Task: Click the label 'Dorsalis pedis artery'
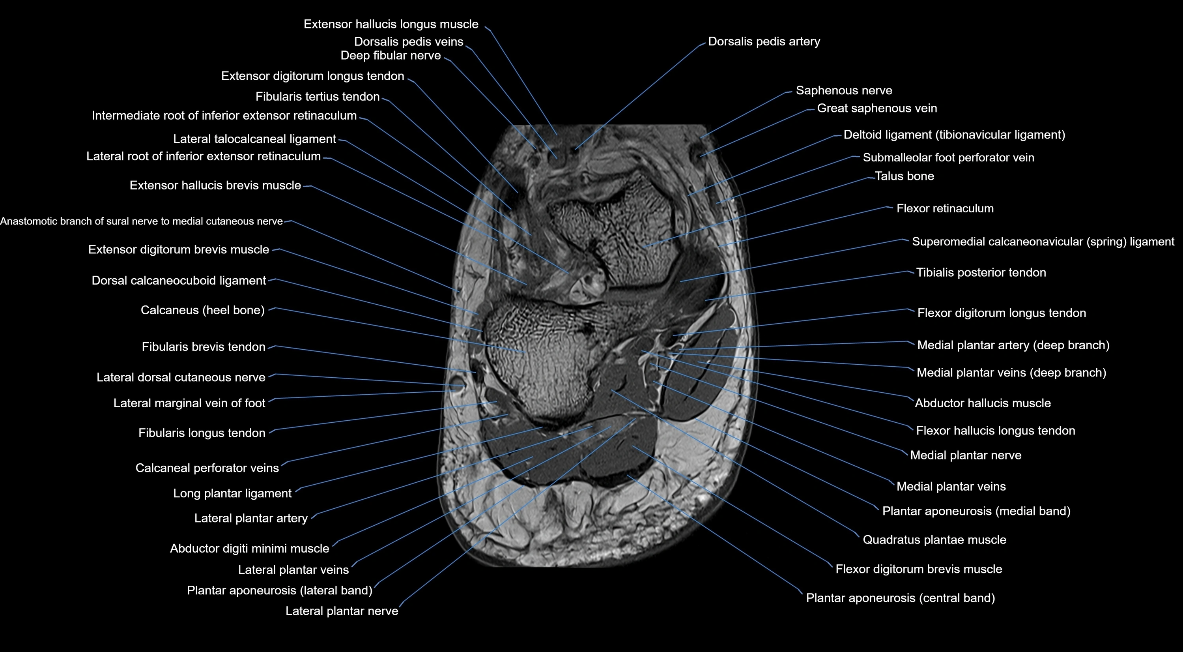click(x=764, y=41)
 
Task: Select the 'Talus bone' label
click(x=904, y=176)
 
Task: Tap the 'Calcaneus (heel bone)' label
click(x=202, y=310)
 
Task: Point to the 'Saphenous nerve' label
click(x=844, y=90)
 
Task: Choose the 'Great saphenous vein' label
click(x=877, y=109)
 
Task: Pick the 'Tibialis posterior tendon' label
click(x=981, y=272)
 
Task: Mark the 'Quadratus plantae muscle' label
click(x=934, y=540)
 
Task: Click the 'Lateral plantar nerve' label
click(x=342, y=611)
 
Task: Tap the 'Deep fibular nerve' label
click(x=391, y=56)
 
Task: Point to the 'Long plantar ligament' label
click(x=232, y=493)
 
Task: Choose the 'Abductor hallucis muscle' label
click(x=982, y=403)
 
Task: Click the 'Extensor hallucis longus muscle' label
click(x=391, y=24)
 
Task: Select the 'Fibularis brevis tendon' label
click(x=204, y=347)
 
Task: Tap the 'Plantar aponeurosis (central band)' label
click(x=900, y=598)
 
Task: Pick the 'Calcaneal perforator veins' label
click(x=207, y=468)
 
